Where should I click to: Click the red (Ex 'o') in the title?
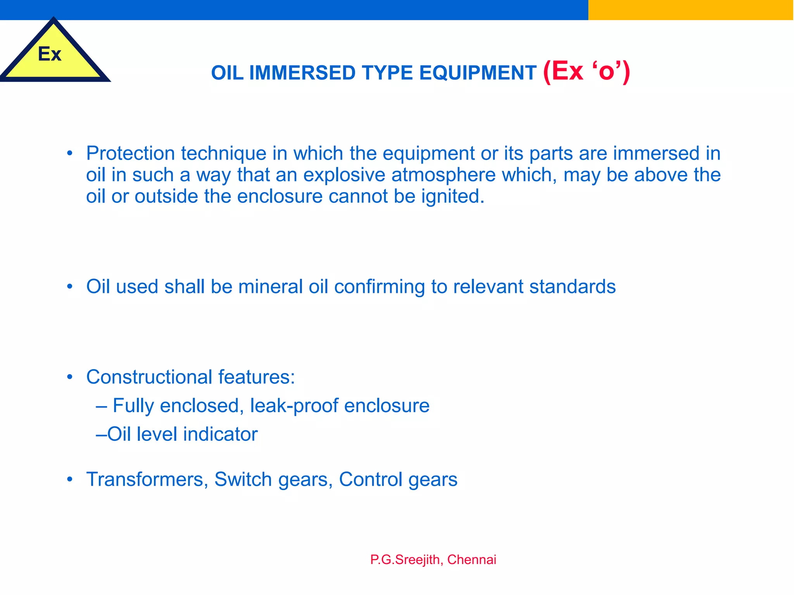tap(586, 71)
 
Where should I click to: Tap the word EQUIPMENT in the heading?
tap(478, 73)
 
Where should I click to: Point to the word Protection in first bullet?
tap(131, 153)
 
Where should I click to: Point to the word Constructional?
tap(149, 377)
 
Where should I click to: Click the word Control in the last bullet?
tap(370, 480)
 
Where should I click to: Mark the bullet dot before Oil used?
tap(70, 287)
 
